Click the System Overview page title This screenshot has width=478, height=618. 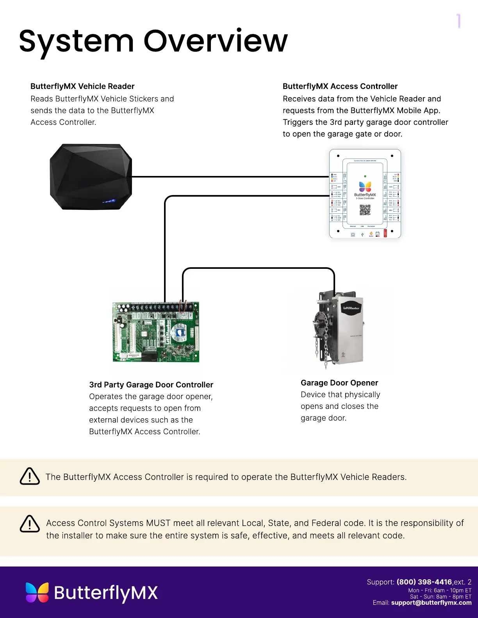pyautogui.click(x=153, y=41)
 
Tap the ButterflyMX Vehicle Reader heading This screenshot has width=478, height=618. pyautogui.click(x=82, y=86)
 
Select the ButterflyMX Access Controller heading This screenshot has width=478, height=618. pyautogui.click(x=340, y=86)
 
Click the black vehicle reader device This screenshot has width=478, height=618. pyautogui.click(x=91, y=177)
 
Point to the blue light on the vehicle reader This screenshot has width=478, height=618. pyautogui.click(x=109, y=201)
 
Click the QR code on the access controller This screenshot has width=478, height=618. pyautogui.click(x=365, y=210)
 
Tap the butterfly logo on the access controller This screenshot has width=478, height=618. pyautogui.click(x=365, y=186)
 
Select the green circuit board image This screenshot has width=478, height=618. pyautogui.click(x=156, y=332)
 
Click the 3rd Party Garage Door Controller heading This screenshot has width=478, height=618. pyautogui.click(x=151, y=385)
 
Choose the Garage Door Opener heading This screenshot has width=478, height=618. pyautogui.click(x=339, y=383)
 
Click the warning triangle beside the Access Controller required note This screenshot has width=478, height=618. pyautogui.click(x=30, y=476)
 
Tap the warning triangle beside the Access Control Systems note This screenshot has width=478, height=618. pyautogui.click(x=30, y=524)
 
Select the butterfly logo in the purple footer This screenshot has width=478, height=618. pyautogui.click(x=37, y=593)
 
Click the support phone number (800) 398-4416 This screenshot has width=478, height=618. pyautogui.click(x=424, y=582)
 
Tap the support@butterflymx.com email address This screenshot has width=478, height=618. pyautogui.click(x=431, y=603)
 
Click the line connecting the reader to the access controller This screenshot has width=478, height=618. pyautogui.click(x=230, y=177)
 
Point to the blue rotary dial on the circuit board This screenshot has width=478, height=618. pyautogui.click(x=180, y=332)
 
